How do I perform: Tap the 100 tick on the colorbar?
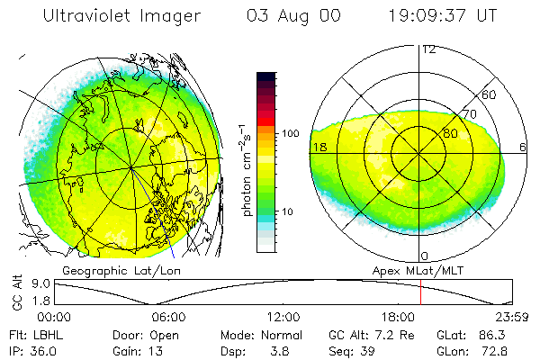290,133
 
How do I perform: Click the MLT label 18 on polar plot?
319,147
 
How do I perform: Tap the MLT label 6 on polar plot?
524,147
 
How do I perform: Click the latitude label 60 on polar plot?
490,94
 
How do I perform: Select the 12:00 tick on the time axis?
283,317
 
